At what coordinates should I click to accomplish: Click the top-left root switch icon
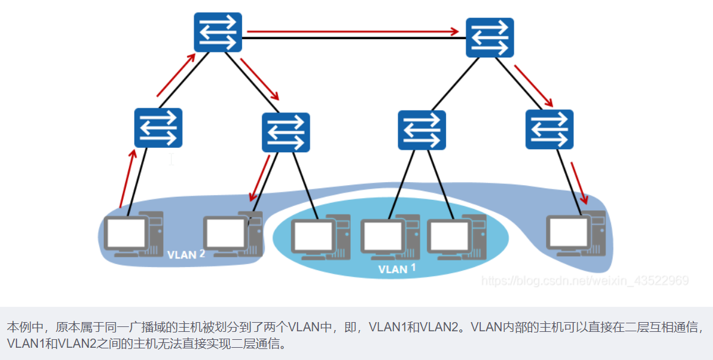(218, 32)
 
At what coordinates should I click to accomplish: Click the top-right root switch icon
(489, 38)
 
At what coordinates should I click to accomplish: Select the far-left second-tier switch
(158, 128)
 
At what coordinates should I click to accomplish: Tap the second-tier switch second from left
(286, 132)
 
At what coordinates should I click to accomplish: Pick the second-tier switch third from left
(422, 130)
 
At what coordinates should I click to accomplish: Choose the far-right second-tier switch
(549, 129)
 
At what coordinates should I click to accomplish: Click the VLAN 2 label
(185, 254)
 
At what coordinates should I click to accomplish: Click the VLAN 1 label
(397, 268)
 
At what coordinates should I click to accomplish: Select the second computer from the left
(232, 233)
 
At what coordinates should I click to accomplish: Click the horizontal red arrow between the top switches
(353, 31)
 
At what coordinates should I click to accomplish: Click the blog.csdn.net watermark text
(585, 281)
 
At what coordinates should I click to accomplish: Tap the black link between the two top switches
(353, 39)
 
